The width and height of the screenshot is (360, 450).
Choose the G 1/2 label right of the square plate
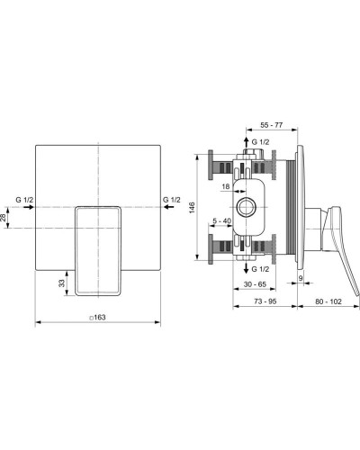click(172, 197)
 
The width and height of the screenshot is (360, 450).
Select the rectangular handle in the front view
click(99, 250)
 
